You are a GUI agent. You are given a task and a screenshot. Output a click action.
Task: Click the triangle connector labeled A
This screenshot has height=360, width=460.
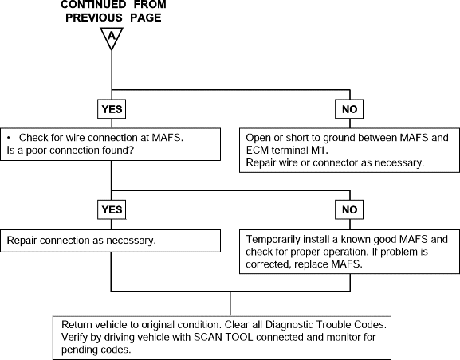pos(112,37)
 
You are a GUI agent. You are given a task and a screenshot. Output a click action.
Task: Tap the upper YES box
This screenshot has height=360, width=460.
pos(112,109)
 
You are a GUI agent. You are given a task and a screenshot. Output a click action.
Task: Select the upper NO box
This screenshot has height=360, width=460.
pos(349,109)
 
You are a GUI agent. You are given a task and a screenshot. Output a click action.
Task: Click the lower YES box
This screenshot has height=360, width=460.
pos(112,210)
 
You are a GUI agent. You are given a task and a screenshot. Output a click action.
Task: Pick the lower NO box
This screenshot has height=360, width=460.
pos(349,210)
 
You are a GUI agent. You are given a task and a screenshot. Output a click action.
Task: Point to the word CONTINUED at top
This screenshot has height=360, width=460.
pos(93,5)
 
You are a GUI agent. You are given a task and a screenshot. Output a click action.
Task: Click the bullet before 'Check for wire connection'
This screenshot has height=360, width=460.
pos(9,138)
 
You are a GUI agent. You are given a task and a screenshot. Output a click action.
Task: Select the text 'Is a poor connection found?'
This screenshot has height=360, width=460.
pos(70,151)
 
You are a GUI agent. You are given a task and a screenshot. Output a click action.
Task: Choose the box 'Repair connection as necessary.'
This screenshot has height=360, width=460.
pos(110,241)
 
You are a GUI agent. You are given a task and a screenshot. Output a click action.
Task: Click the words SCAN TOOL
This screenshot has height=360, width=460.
pos(223,338)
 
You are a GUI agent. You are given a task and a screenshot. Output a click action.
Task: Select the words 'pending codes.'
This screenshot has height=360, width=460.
pos(96,350)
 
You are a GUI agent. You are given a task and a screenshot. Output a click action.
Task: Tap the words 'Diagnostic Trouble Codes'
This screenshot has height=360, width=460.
pos(324,325)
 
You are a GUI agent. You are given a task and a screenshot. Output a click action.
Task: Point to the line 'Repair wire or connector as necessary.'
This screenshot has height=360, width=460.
pos(335,162)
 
